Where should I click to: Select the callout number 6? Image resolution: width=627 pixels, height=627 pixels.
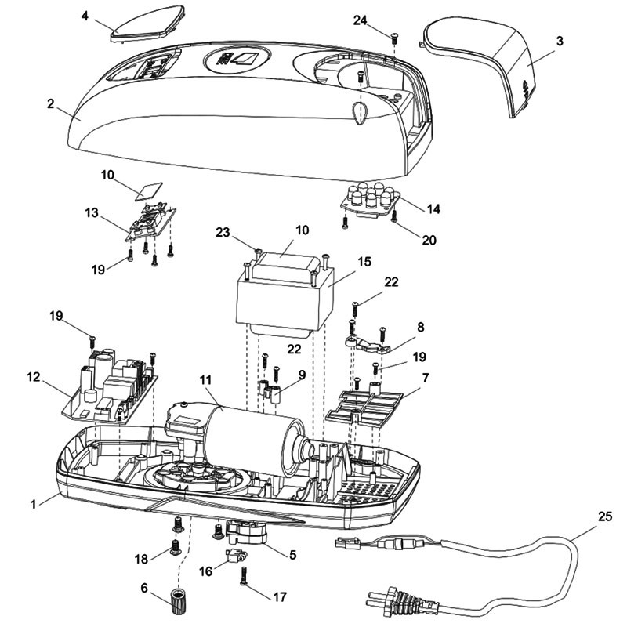pyautogui.click(x=144, y=587)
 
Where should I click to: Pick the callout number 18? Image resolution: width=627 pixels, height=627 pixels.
pyautogui.click(x=141, y=559)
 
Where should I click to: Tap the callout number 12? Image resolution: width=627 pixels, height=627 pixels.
pyautogui.click(x=34, y=377)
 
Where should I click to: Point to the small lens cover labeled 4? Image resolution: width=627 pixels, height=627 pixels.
pyautogui.click(x=147, y=24)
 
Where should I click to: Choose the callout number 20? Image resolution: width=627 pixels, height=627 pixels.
pyautogui.click(x=429, y=240)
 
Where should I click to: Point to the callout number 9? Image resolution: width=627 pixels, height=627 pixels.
pyautogui.click(x=302, y=375)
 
